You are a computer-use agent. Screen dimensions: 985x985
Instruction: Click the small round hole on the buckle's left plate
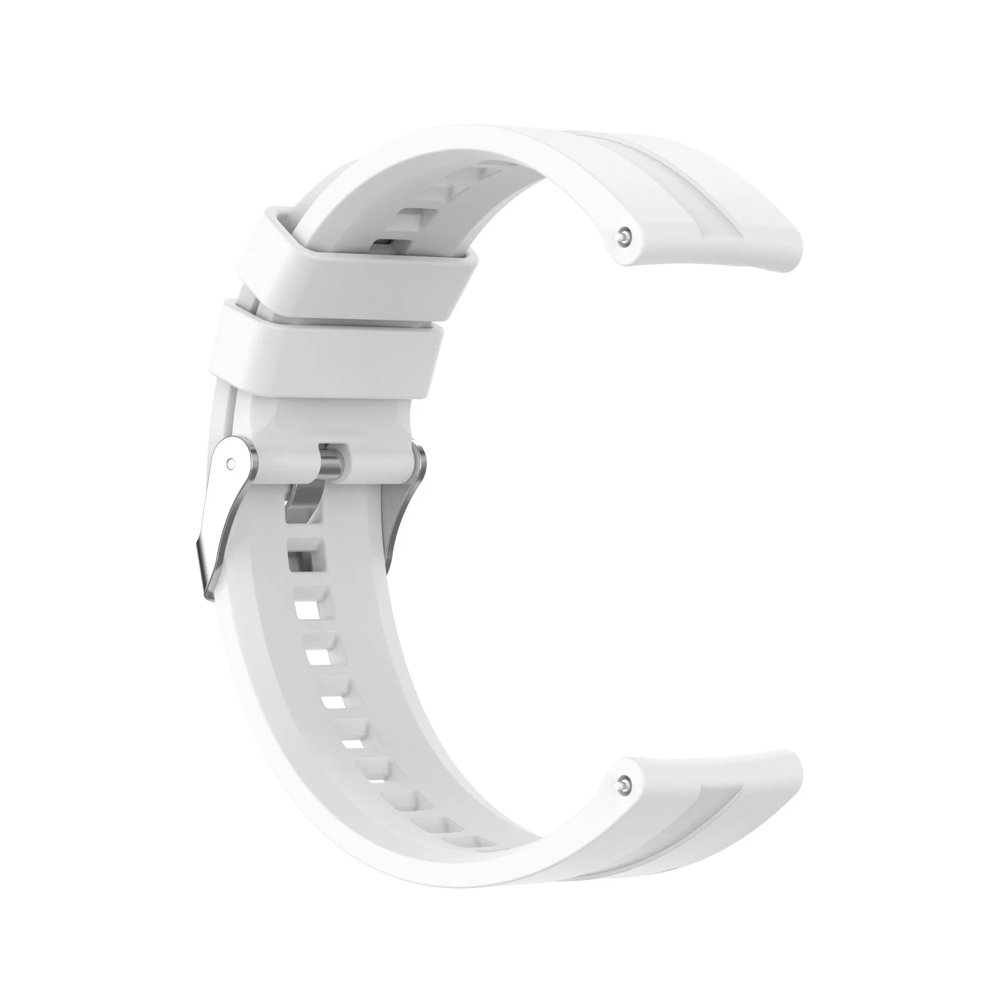pos(230,464)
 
